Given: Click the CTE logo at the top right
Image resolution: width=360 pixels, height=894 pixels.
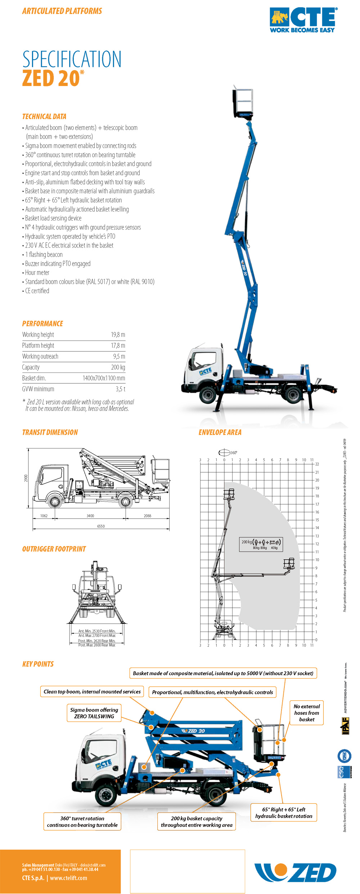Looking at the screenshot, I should pos(303,20).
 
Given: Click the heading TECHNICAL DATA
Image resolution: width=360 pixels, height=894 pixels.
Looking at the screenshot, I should pos(44,117).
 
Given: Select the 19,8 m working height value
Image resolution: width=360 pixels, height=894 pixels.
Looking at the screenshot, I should pos(118,335).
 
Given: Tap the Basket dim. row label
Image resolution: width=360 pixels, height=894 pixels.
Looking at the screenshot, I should pos(34,378).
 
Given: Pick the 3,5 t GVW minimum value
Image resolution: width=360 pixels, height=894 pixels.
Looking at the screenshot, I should pos(120,389).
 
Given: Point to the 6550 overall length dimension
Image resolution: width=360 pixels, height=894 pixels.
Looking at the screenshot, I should pos(101,526).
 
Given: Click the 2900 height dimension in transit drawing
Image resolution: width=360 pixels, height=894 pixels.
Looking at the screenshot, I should pos(26,478).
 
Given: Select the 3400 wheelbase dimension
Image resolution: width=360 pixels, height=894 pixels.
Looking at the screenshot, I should pos(90,516).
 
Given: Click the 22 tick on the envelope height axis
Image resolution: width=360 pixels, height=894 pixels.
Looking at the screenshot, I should pos(317,464).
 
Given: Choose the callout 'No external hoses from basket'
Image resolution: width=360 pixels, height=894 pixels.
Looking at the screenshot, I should pos(306,713).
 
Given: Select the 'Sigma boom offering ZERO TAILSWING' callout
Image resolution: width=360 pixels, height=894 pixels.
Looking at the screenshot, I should pos(94,713).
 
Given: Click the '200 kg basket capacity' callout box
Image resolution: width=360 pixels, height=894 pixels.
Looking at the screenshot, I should pos(197,822).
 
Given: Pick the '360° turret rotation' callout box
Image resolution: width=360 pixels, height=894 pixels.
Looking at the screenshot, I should pos(82,822).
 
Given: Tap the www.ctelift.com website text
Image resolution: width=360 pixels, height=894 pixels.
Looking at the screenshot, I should pos(68,878).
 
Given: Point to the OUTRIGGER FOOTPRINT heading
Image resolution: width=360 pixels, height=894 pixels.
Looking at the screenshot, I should pos(54,549).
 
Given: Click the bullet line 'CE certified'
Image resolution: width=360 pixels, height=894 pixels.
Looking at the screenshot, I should pos(37,291).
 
